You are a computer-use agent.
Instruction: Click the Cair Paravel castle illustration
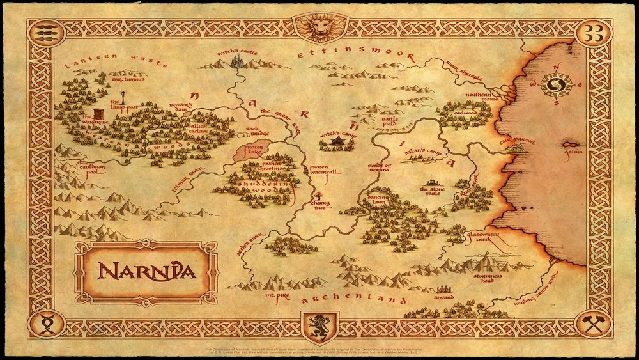[515, 148]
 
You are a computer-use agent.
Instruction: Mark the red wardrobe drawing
[96, 110]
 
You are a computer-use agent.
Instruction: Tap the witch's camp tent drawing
[337, 145]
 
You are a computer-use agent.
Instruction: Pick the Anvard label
[443, 297]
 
